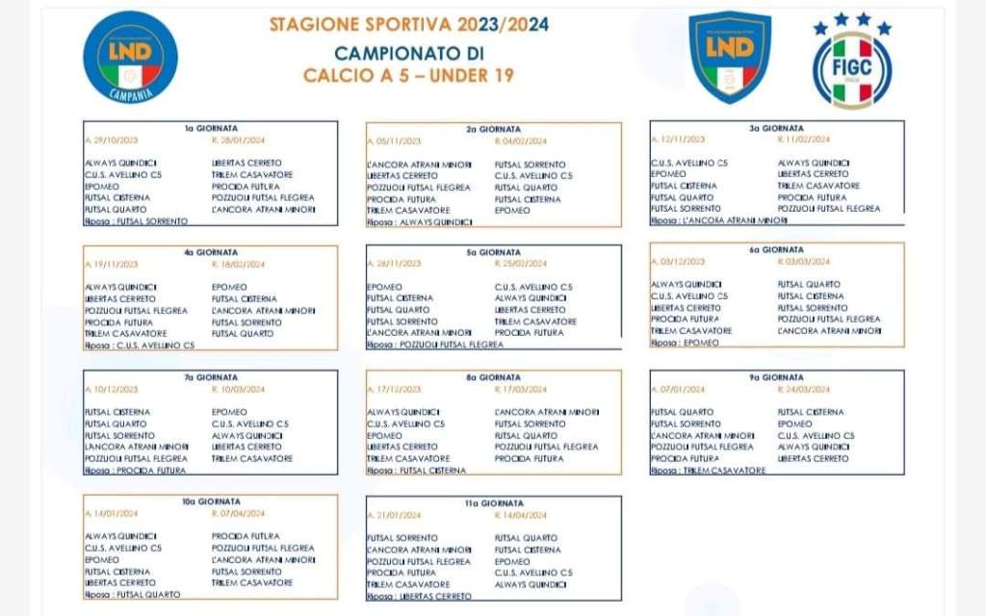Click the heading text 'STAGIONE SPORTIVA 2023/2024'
click(409, 26)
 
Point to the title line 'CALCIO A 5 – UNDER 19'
click(409, 74)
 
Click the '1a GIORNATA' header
click(211, 127)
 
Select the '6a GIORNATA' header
click(776, 249)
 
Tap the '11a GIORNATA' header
click(493, 502)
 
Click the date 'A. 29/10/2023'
click(112, 140)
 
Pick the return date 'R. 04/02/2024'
click(520, 141)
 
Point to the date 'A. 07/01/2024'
click(680, 389)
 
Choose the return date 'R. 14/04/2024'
click(520, 515)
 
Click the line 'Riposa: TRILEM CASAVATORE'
click(709, 471)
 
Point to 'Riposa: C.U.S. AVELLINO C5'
click(140, 345)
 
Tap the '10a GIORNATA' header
click(211, 501)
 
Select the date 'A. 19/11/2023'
click(112, 263)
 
